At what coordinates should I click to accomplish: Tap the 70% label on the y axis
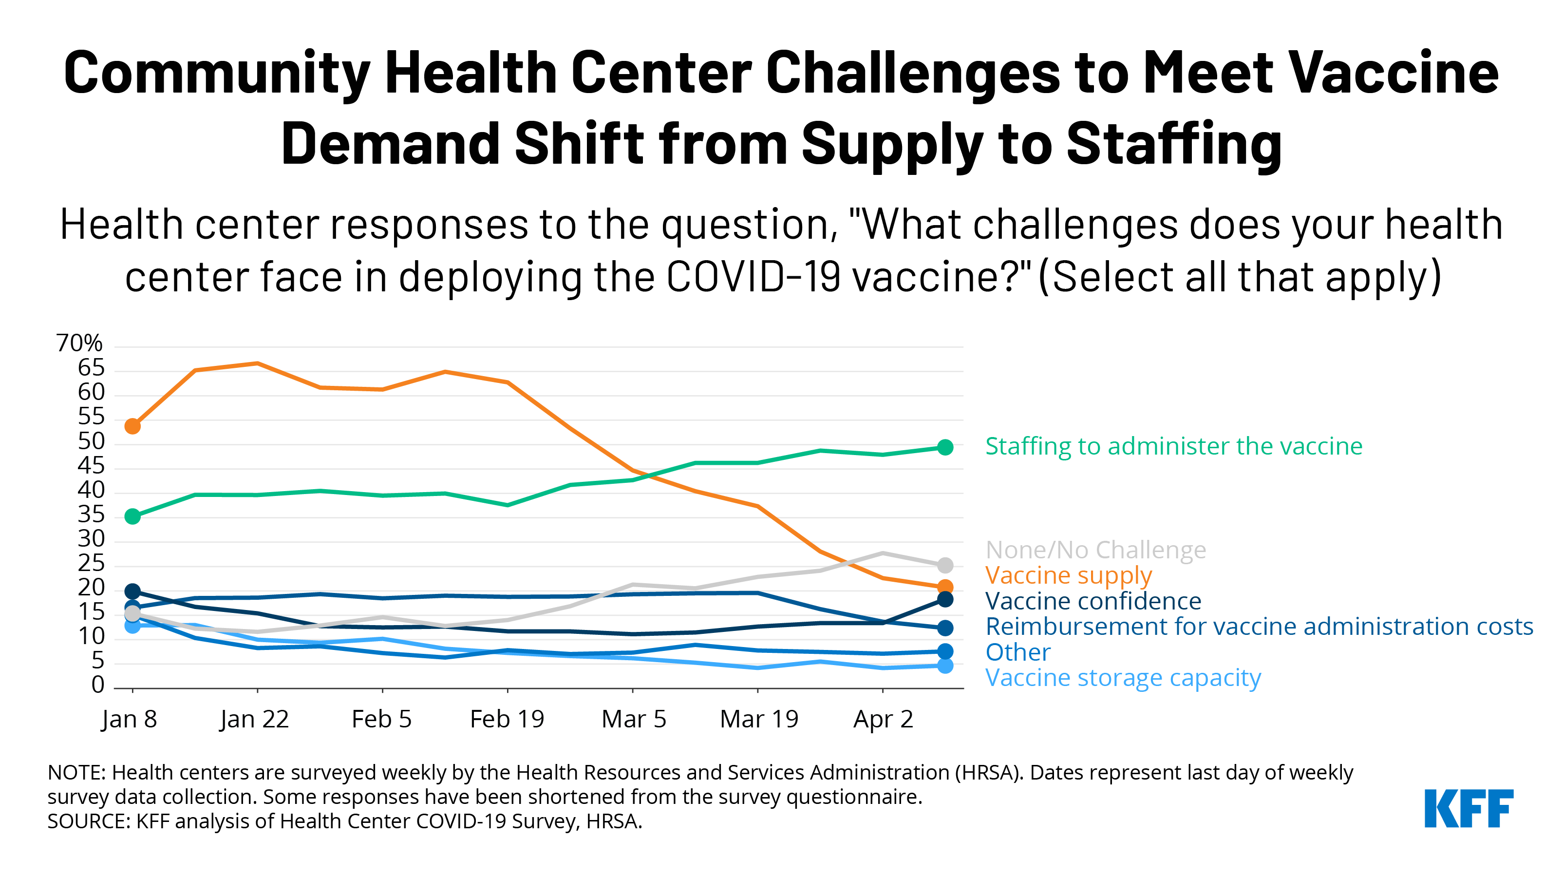pos(79,343)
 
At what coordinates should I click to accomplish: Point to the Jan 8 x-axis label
pos(129,719)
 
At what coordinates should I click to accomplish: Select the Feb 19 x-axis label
pos(507,719)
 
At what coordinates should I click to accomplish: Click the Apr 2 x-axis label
pos(883,719)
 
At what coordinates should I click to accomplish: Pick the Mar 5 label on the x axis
pos(634,719)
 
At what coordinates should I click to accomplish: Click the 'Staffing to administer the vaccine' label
pos(1173,446)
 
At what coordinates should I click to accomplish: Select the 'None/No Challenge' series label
pos(1096,550)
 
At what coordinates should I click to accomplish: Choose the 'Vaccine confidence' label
pos(1093,601)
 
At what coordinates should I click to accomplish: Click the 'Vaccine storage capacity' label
pos(1123,677)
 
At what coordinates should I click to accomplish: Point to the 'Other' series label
pos(1017,652)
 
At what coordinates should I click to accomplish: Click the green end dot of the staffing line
pos(945,447)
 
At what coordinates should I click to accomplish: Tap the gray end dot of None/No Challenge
pos(945,565)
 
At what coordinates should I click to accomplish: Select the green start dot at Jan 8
pos(132,516)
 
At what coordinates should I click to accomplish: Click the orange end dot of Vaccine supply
pos(945,587)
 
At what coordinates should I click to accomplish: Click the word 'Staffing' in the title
pos(1173,143)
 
